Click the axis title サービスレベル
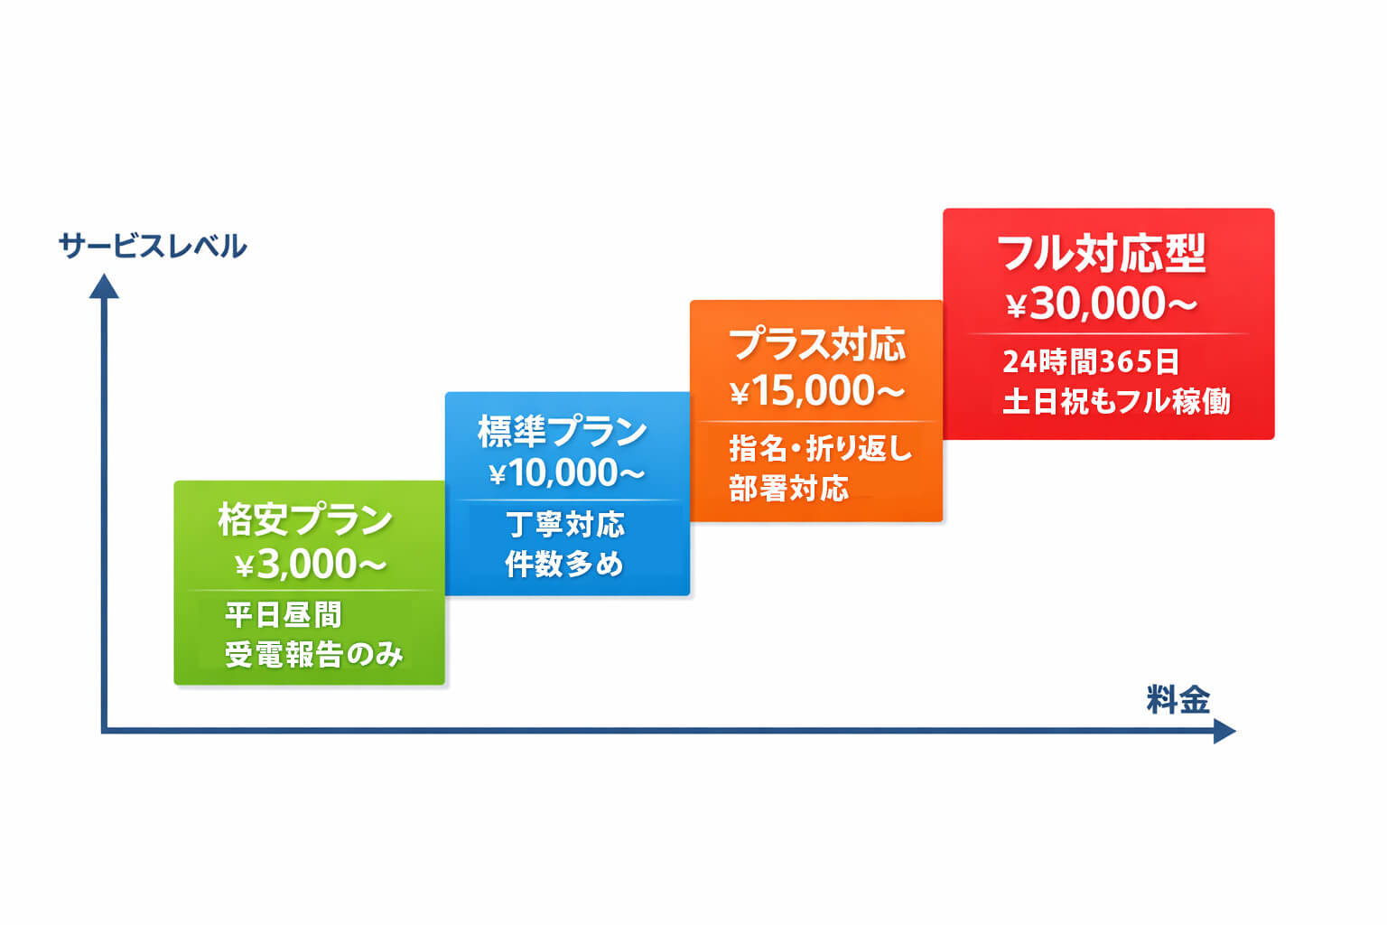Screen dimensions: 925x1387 pos(152,246)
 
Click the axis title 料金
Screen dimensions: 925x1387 pos(1178,700)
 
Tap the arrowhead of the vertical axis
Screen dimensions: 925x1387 pos(105,287)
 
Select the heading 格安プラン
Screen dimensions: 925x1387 pos(305,519)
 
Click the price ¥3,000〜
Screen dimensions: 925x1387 pos(310,565)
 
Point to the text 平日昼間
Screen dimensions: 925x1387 pos(283,615)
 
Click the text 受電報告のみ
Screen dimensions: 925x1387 pos(313,654)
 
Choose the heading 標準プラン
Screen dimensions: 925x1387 pos(563,431)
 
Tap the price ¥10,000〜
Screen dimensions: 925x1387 pos(566,472)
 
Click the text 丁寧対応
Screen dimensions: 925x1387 pos(565,524)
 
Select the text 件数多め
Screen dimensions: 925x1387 pos(564,564)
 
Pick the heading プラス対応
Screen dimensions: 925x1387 pos(816,344)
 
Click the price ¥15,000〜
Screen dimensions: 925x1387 pos(816,391)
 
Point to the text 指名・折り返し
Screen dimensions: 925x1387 pos(820,448)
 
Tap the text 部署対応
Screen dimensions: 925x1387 pos(788,489)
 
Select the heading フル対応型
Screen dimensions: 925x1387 pos(1102,253)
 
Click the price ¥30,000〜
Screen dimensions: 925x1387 pos(1102,304)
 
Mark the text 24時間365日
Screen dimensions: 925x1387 pos(1091,361)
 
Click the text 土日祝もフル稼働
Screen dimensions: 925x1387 pos(1116,401)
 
